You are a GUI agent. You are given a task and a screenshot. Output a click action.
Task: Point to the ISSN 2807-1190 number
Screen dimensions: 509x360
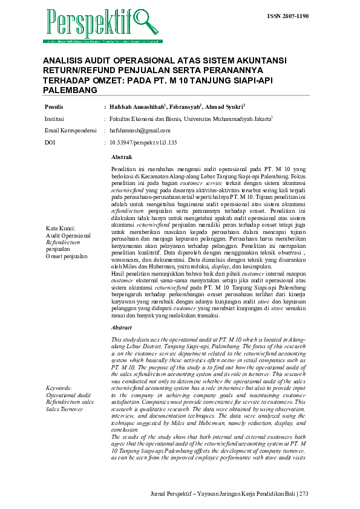[288, 16]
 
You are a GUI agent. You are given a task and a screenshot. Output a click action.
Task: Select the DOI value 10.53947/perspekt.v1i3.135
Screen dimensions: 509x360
[143, 142]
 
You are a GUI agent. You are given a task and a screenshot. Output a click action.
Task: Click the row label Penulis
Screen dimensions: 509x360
[54, 106]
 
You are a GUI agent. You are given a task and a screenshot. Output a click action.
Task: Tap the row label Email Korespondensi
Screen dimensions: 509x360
[71, 130]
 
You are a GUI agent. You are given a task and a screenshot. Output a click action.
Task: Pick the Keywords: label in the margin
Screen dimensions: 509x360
[59, 387]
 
